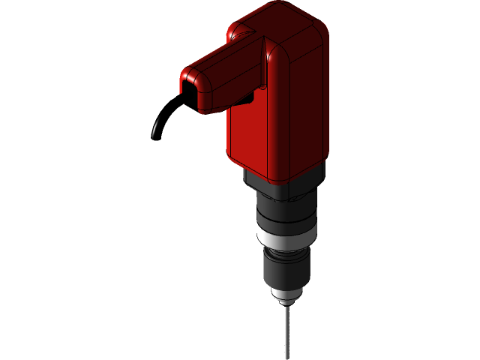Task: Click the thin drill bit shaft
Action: pyautogui.click(x=286, y=330)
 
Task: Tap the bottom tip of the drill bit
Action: pyautogui.click(x=286, y=358)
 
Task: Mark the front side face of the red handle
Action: pyautogui.click(x=232, y=90)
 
